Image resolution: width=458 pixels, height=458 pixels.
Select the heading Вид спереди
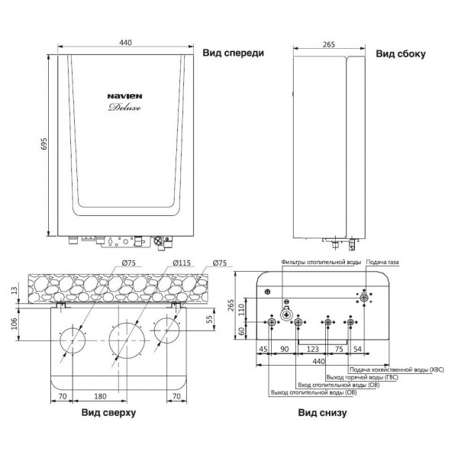(x=233, y=53)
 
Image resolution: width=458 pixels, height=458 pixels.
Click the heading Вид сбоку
(x=401, y=54)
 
